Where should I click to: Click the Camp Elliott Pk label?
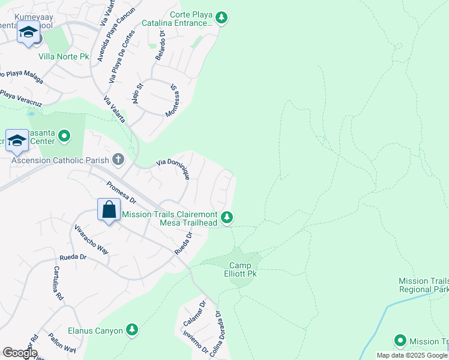(243, 269)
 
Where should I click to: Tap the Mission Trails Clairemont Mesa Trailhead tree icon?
(226, 217)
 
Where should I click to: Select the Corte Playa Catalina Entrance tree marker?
(221, 18)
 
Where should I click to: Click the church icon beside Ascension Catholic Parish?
(118, 160)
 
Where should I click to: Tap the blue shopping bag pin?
(109, 211)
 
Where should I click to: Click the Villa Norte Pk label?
(64, 57)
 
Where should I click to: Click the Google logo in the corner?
(20, 353)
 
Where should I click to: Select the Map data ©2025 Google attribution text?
(412, 355)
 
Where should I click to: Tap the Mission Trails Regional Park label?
(424, 285)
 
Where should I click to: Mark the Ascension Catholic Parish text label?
(60, 160)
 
